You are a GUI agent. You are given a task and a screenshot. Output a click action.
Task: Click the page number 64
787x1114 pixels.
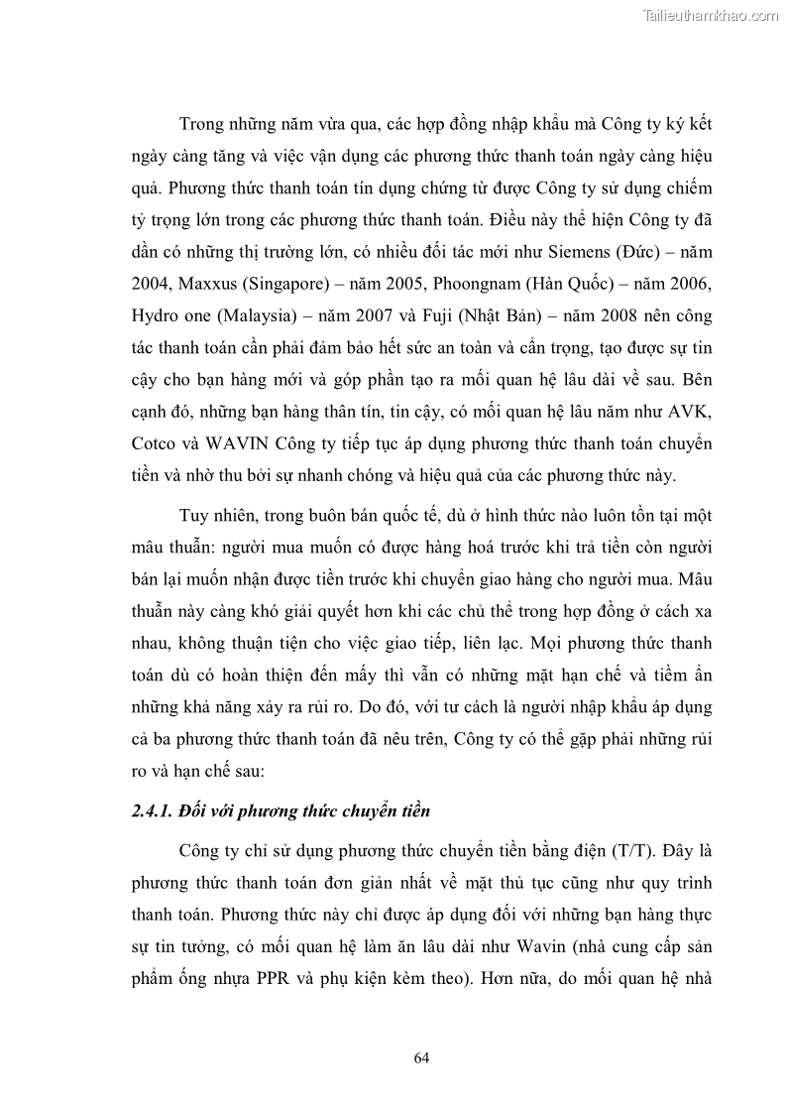[421, 1057]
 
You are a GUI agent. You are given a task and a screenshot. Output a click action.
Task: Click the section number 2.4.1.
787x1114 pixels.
[152, 811]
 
